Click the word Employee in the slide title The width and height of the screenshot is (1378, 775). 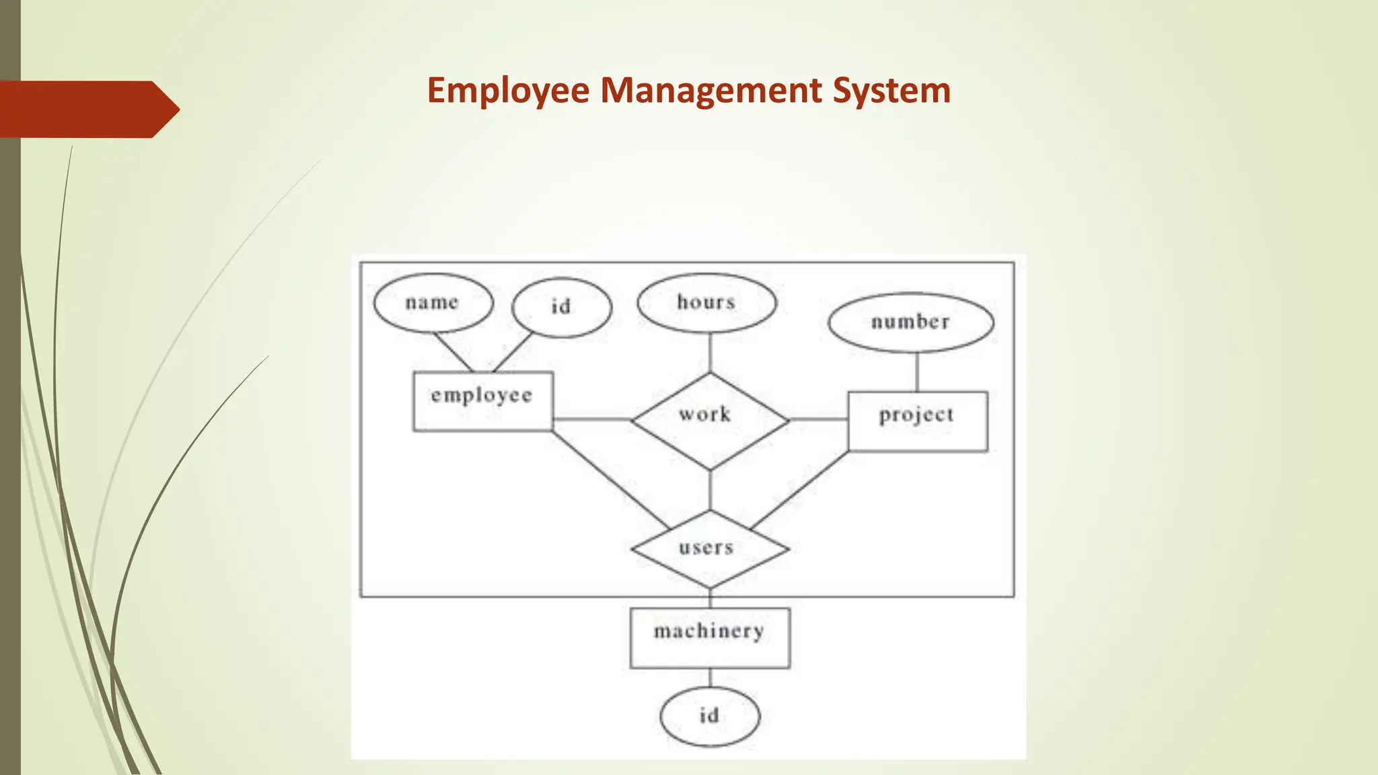click(508, 91)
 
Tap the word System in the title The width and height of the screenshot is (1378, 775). click(892, 91)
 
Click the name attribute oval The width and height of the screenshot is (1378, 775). click(433, 303)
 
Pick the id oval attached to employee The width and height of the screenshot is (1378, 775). click(561, 307)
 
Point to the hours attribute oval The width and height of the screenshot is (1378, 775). click(706, 302)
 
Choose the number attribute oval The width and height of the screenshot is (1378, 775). click(910, 322)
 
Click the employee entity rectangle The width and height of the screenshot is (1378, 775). click(482, 401)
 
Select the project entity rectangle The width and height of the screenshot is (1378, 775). click(917, 420)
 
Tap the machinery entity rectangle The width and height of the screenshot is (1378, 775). click(710, 637)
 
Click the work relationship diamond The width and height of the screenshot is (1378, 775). click(710, 420)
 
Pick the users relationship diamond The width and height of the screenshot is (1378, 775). click(710, 548)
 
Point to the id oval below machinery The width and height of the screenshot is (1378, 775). click(710, 716)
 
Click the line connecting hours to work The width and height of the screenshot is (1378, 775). click(710, 353)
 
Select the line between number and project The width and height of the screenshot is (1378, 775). click(917, 371)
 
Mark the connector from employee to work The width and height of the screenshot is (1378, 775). click(592, 419)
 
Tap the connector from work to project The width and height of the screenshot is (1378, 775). click(818, 419)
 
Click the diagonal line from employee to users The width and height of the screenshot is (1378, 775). click(610, 480)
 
